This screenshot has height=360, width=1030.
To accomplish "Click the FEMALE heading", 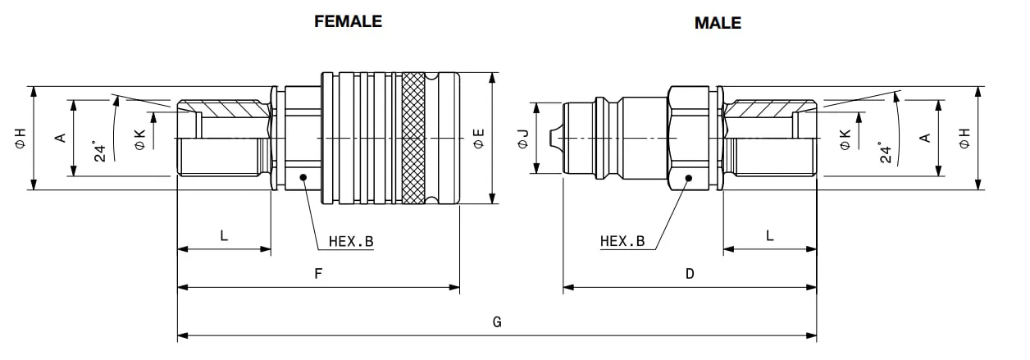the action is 348,21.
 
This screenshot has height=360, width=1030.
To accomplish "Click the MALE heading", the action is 718,23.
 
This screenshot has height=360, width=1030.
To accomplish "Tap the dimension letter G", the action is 497,321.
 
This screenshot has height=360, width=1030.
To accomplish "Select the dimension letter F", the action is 318,274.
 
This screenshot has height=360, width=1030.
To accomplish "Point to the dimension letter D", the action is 690,274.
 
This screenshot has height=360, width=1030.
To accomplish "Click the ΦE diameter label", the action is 479,139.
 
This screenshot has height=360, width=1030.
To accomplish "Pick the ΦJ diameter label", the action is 523,139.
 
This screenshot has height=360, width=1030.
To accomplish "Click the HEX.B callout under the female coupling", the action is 351,241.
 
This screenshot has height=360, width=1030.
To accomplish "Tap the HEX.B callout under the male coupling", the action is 622,241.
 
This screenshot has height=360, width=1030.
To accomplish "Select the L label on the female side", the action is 224,236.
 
